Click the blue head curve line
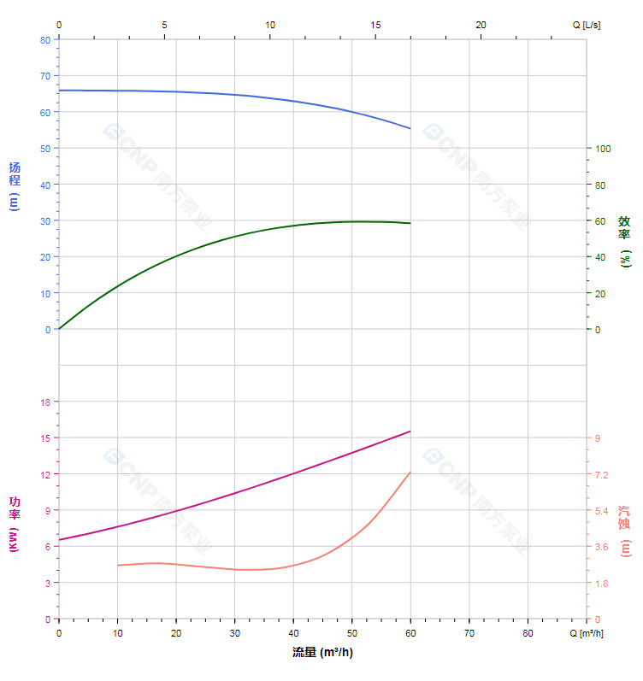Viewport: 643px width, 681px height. click(x=235, y=94)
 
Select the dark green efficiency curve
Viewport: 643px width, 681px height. click(x=235, y=236)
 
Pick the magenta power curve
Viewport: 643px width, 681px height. click(x=235, y=493)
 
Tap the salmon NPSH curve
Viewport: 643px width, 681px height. click(x=235, y=568)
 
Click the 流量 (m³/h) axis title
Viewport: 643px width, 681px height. click(x=321, y=653)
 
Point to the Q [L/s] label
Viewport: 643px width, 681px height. click(x=587, y=25)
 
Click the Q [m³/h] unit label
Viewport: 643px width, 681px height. click(x=588, y=634)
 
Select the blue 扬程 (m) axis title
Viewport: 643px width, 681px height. click(x=14, y=186)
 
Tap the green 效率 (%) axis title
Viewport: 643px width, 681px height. click(x=625, y=241)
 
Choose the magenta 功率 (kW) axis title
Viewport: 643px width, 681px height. click(x=14, y=523)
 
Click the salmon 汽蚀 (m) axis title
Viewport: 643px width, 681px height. click(x=625, y=530)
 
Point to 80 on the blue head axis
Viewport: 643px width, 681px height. click(x=44, y=39)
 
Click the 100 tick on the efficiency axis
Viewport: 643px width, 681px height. click(x=602, y=149)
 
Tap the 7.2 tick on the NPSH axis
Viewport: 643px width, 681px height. click(x=602, y=474)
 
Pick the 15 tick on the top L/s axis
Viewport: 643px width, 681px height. click(x=375, y=25)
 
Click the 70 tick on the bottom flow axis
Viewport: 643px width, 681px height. click(x=469, y=634)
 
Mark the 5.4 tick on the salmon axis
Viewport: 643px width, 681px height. click(x=602, y=511)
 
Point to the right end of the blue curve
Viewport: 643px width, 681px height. click(x=410, y=129)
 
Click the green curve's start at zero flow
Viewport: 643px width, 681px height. click(x=59, y=329)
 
